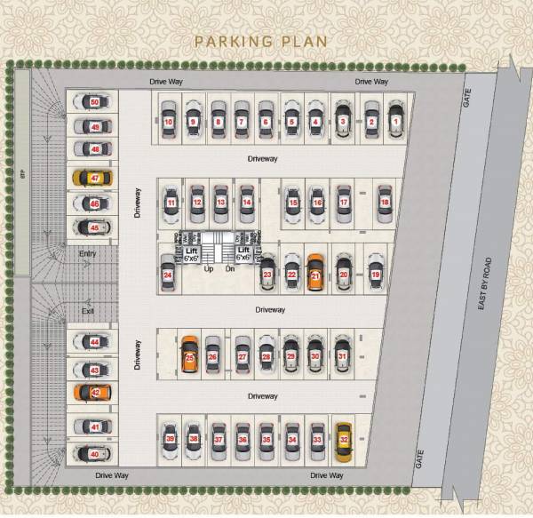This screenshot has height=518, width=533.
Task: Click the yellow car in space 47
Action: (94, 178)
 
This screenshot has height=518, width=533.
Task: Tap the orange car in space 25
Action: (188, 355)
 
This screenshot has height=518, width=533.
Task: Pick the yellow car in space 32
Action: (342, 438)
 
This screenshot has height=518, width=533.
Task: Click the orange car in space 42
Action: (94, 392)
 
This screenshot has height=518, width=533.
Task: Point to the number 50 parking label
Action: (95, 102)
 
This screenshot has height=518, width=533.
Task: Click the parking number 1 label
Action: (395, 121)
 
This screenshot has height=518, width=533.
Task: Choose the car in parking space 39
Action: (170, 438)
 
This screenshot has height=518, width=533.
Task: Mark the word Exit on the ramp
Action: (87, 311)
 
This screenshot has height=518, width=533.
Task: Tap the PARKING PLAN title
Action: (261, 41)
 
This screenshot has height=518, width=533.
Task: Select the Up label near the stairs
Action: (209, 268)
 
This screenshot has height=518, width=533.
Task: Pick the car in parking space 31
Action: (342, 355)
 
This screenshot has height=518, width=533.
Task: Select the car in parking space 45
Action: (94, 228)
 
